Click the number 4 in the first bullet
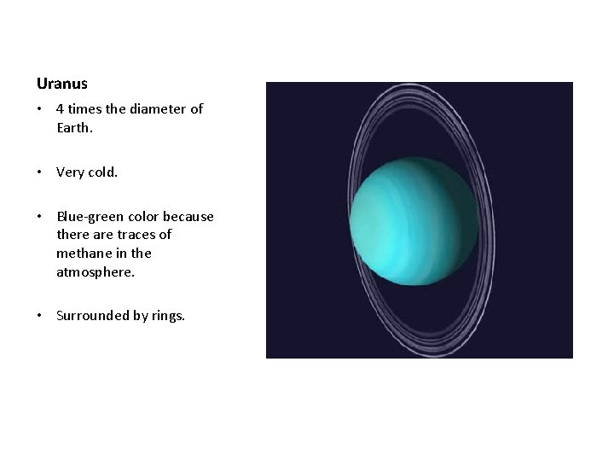60,109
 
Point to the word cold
101,172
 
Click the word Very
70,172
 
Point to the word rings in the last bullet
165,315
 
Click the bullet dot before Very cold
40,172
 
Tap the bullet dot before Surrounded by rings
40,315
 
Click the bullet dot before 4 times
40,109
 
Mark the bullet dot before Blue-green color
40,218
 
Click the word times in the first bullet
84,109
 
